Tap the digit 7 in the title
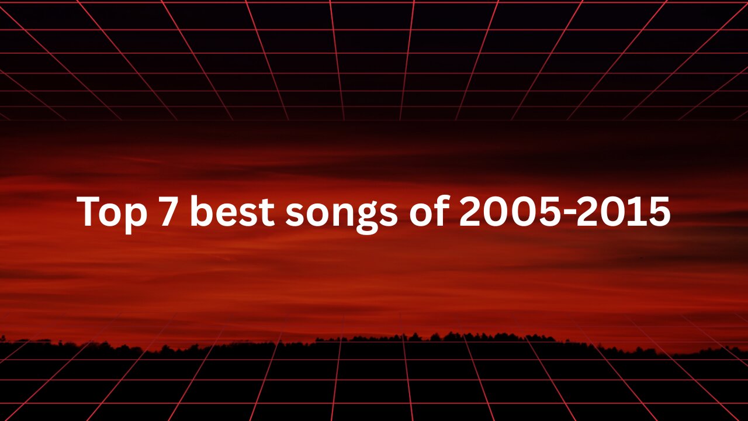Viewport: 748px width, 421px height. point(168,212)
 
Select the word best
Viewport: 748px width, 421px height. point(232,211)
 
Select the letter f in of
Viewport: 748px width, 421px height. point(441,210)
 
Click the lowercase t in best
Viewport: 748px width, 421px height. point(266,212)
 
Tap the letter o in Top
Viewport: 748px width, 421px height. point(112,215)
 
